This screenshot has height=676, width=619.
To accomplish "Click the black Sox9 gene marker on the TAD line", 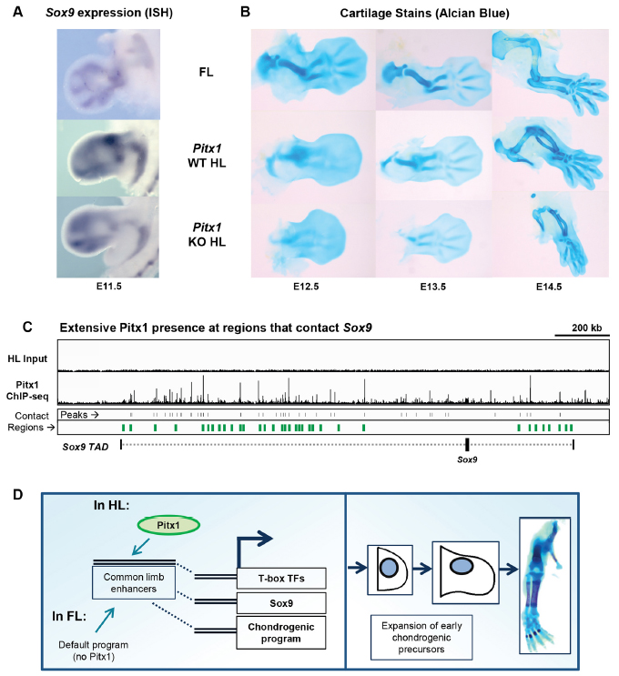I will [467, 444].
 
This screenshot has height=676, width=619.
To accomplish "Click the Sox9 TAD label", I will [86, 446].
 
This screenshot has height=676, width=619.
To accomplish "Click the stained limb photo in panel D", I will [549, 585].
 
